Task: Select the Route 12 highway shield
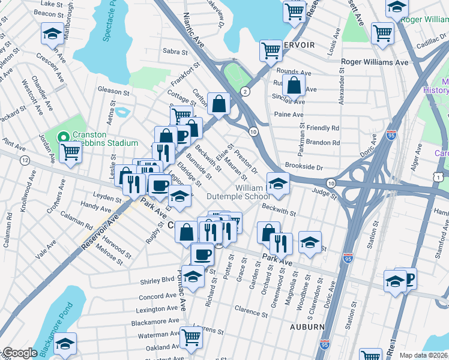[x=25, y=160]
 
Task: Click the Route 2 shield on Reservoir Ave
[x=245, y=91]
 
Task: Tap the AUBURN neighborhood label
[x=307, y=327]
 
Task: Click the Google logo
[x=19, y=353]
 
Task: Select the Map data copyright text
[x=423, y=355]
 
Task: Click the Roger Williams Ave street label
[x=375, y=62]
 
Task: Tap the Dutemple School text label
[x=238, y=196]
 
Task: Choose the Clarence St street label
[x=251, y=311]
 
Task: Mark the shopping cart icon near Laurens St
[x=191, y=337]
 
